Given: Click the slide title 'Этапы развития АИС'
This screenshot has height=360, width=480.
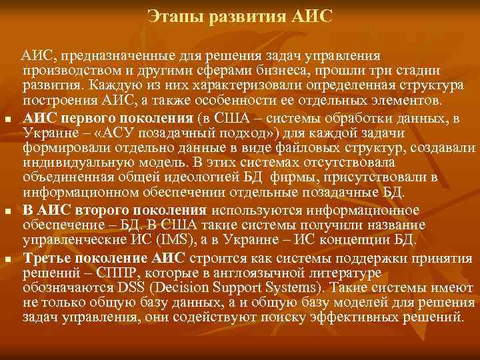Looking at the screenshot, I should [239, 15].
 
